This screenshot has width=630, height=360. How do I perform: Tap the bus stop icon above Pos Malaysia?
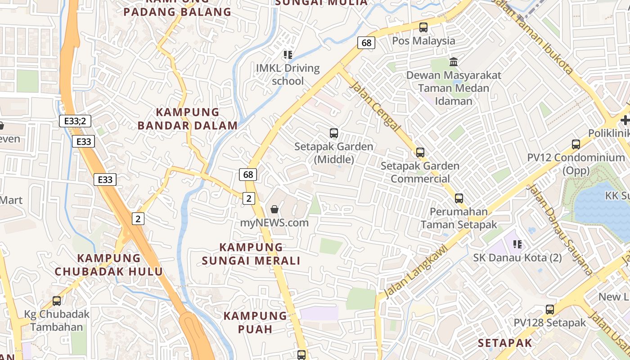coord(423,27)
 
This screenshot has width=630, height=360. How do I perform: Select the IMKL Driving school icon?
coord(288,55)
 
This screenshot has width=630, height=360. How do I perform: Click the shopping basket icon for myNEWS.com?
coord(274,209)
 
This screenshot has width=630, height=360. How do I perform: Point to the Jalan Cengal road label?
coord(374,106)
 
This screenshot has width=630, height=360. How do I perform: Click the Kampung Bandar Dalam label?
coord(187,119)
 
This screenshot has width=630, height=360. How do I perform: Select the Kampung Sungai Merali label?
coord(251,254)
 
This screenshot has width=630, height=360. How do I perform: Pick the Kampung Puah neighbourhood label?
coord(255,322)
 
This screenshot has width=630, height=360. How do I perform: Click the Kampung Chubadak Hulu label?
coord(108,265)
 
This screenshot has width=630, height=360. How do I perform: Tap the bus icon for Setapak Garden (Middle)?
coord(334,133)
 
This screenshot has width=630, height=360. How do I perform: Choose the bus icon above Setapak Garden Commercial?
coord(420,153)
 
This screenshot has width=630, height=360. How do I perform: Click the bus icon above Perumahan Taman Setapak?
coord(459,198)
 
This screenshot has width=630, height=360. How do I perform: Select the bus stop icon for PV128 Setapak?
coord(550,310)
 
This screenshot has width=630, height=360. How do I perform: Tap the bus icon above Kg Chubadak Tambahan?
coord(57,301)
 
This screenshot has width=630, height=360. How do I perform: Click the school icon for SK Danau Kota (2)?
coord(517,244)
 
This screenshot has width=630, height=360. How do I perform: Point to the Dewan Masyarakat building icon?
coord(454,62)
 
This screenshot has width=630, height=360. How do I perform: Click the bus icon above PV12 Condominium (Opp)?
coord(576,144)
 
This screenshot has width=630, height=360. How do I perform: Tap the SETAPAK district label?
coord(505,343)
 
